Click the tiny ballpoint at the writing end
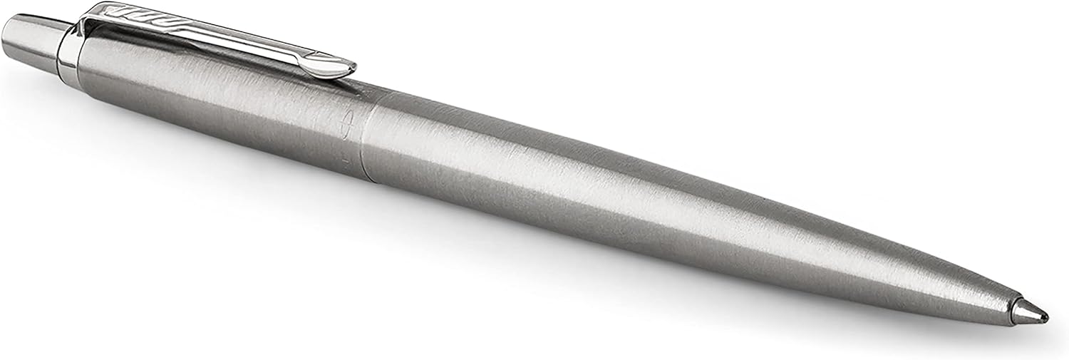pos(1045,316)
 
